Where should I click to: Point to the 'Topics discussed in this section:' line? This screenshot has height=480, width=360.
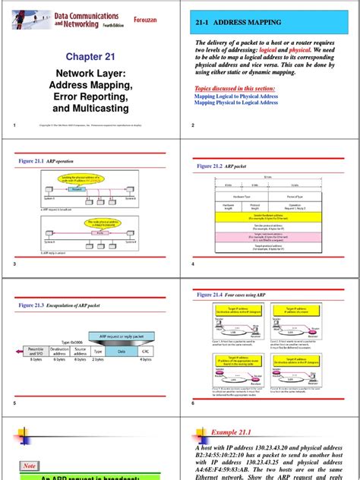[x=235, y=88]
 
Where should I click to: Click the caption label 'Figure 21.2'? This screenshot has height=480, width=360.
[x=213, y=165]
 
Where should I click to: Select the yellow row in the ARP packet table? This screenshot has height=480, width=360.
[x=270, y=216]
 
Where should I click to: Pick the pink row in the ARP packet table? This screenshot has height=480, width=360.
[x=270, y=237]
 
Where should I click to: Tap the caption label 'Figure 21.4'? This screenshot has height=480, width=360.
[x=213, y=294]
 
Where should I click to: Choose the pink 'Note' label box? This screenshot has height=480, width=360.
[x=30, y=466]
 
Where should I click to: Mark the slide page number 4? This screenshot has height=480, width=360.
[x=193, y=264]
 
